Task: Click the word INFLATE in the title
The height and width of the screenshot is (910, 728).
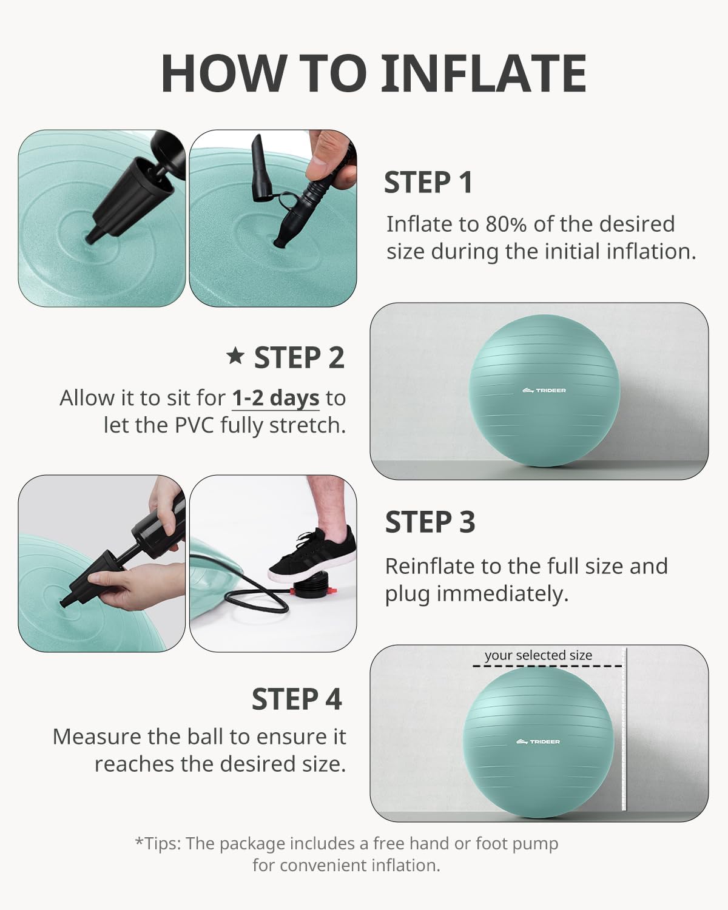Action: click(484, 73)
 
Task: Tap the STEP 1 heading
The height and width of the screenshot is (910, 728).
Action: click(428, 183)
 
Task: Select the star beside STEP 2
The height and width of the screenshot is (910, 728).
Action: click(235, 356)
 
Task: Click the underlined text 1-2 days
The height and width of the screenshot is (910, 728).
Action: click(276, 399)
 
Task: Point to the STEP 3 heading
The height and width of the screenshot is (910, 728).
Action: click(430, 522)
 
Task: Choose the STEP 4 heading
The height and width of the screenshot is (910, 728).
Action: click(297, 699)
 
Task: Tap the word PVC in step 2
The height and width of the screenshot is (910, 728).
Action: click(195, 425)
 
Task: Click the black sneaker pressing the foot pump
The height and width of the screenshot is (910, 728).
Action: click(312, 553)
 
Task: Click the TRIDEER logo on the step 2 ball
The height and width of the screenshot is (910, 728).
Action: click(544, 390)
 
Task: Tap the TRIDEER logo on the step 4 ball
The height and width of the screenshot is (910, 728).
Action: click(538, 741)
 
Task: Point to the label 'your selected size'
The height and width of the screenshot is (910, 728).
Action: click(538, 655)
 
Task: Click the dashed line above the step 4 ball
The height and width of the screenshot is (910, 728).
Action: click(547, 667)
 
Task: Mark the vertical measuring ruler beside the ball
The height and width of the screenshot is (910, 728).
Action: click(624, 729)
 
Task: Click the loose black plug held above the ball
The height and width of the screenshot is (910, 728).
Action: click(259, 169)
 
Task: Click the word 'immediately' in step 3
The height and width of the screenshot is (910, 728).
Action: click(502, 594)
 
